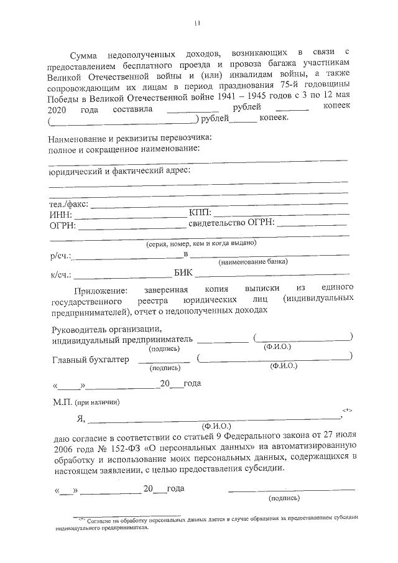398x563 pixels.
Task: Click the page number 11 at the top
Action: [x=197, y=24]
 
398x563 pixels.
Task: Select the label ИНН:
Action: [x=60, y=214]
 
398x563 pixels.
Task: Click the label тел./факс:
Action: [x=68, y=203]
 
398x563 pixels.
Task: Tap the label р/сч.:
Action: [x=60, y=256]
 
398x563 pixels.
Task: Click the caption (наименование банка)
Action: [x=252, y=263]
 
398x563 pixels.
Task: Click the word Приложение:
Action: [x=100, y=290]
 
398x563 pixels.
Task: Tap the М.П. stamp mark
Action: [x=62, y=402]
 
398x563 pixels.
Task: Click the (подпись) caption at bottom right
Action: [x=284, y=498]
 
